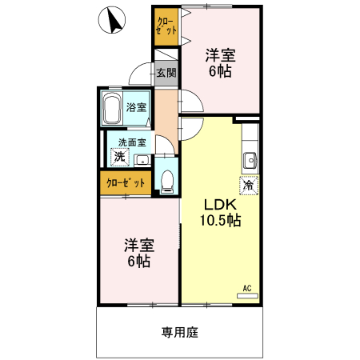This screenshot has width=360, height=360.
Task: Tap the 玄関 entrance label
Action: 166,74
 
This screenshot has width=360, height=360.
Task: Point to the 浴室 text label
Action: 136,107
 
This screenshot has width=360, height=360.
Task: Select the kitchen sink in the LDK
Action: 249,157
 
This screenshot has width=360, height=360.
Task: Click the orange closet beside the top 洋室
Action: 166,26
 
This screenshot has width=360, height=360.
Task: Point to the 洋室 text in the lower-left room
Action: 139,244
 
